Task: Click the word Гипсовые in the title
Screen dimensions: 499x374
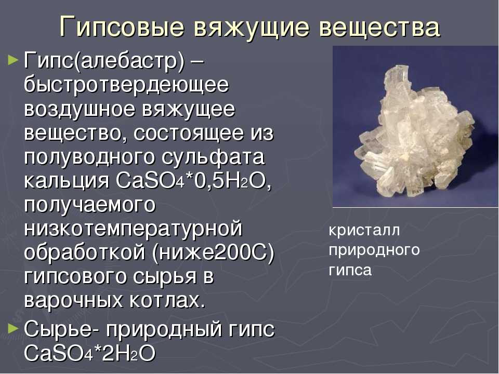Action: coord(122,26)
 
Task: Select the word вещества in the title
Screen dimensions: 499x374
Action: coord(379,26)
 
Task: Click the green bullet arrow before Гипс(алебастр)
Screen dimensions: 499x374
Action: coord(12,59)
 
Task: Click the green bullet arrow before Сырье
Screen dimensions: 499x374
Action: coord(12,328)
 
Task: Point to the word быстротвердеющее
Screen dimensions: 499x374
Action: coord(126,85)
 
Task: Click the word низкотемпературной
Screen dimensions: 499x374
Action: coord(134,229)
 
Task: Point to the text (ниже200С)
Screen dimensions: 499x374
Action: coord(213,253)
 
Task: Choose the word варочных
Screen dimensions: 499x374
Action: coord(73,301)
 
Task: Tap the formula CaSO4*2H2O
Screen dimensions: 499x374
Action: coord(90,353)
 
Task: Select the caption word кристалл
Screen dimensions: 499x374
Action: coord(364,230)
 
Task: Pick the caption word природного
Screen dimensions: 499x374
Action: coord(374,250)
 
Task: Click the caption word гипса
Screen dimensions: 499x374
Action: coord(350,271)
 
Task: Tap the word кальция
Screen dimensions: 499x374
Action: coord(67,182)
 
